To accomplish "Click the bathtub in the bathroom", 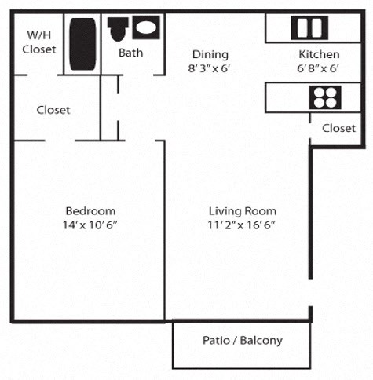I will pos(82,44).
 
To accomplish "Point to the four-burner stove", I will pos(324,97).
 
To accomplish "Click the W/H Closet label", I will pos(42,42).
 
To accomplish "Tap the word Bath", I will pos(130,53).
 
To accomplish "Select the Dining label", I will pos(210,54).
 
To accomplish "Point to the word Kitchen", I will pos(319,54).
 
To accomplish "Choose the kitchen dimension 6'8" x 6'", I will pos(319,68).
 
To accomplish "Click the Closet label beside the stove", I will pos(338,127).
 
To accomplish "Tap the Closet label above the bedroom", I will pos(53,110).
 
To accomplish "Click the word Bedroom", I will pos(90,210).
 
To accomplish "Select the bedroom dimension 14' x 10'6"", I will pos(90,225).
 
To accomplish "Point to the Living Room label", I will pos(242,210).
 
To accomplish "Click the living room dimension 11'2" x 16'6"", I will pos(242,225).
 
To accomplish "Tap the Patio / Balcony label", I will pos(242,341).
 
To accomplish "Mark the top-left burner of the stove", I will pos(318,92).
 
